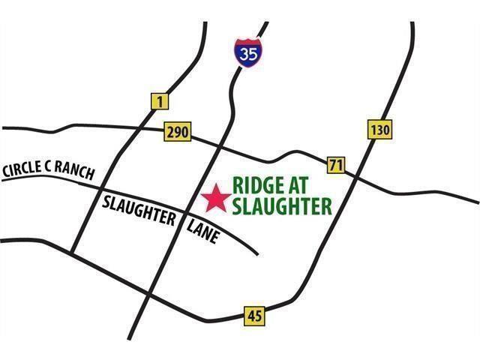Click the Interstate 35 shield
point(246,52)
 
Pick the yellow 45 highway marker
point(253,316)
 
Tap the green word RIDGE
point(259,185)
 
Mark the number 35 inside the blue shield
point(246,54)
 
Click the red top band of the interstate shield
point(246,43)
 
